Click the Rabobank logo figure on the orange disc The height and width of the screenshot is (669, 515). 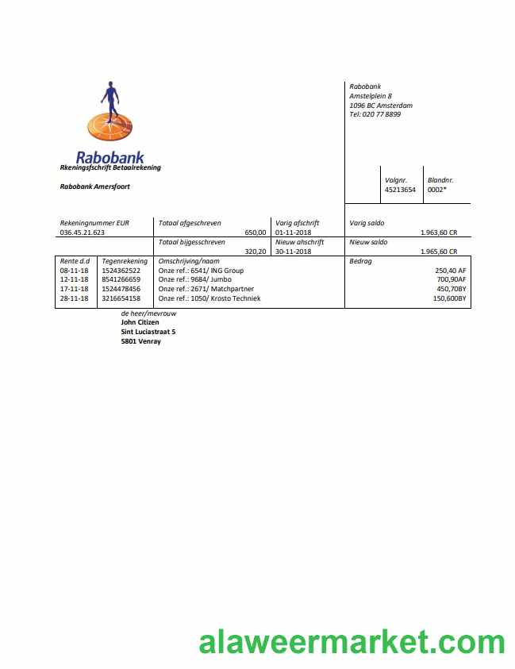[x=110, y=99]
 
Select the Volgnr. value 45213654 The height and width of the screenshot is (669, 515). [x=400, y=190]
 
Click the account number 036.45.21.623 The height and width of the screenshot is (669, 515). [x=83, y=233]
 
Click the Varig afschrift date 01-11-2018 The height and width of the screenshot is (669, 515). [x=294, y=233]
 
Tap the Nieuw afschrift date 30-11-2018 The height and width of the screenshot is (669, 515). [x=294, y=252]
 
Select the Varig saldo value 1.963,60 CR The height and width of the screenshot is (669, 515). [x=439, y=233]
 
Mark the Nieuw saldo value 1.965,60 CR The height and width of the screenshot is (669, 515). [x=439, y=252]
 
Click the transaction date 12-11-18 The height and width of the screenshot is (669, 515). [x=74, y=279]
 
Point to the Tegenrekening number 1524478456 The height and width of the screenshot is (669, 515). [x=121, y=289]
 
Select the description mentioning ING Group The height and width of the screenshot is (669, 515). [x=201, y=271]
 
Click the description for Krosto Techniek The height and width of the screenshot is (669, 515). [x=209, y=298]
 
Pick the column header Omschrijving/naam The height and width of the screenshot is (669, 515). [x=189, y=261]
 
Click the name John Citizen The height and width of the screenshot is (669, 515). [x=140, y=322]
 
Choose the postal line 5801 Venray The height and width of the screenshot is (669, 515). [x=140, y=341]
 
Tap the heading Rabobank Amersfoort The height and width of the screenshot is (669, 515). [x=94, y=186]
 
